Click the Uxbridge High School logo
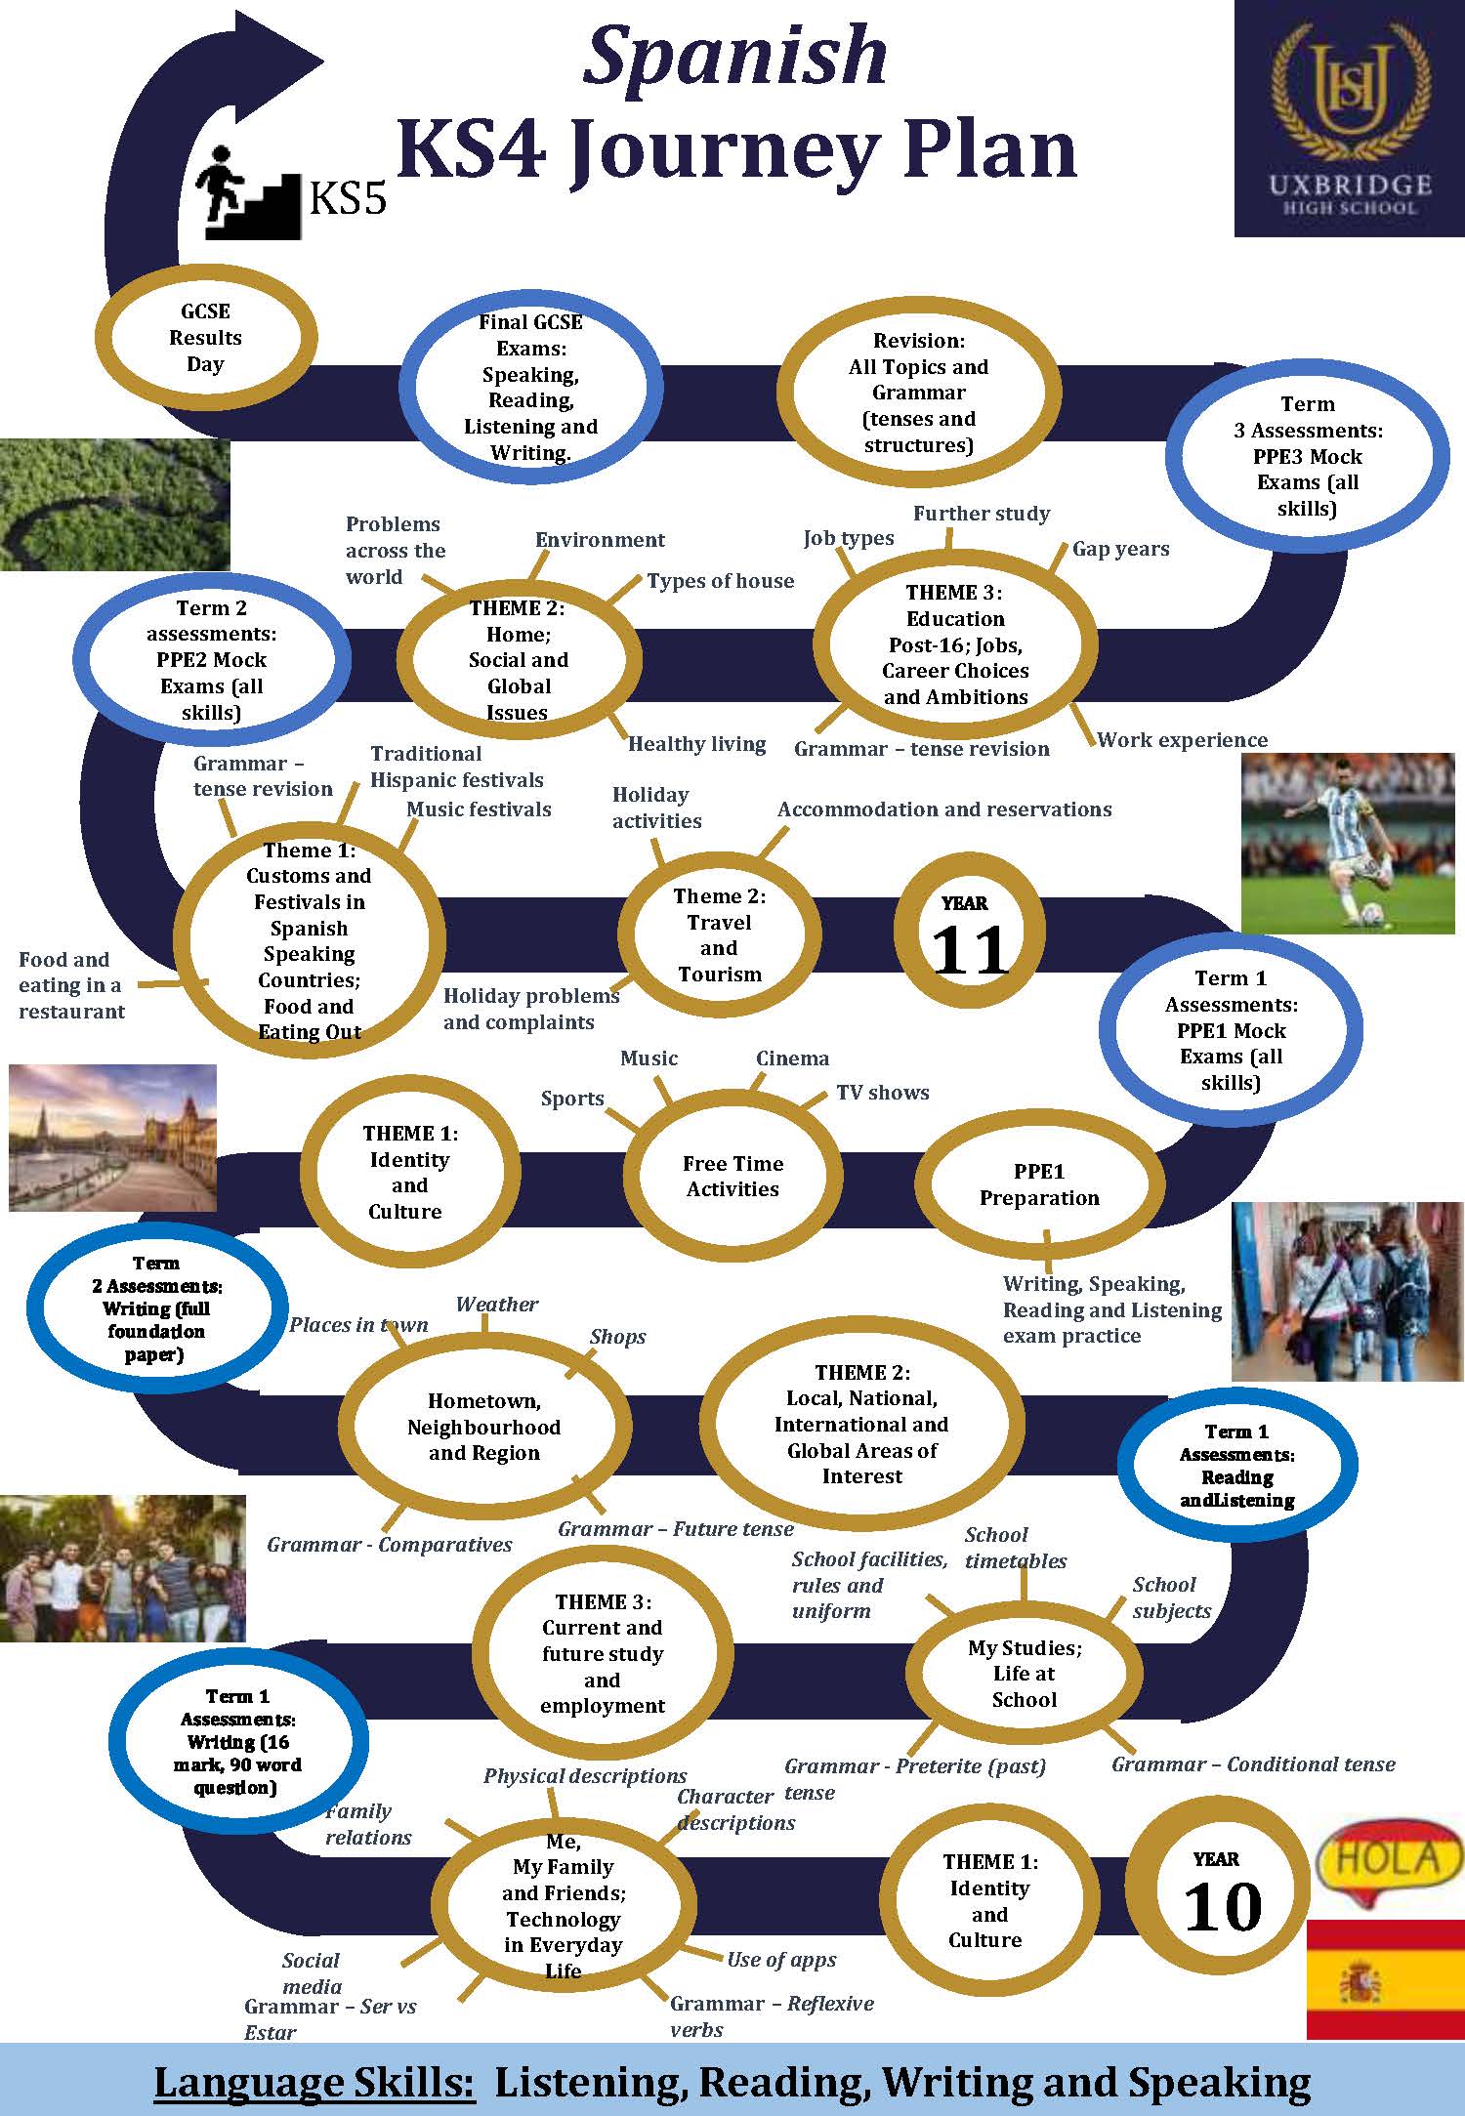click(1349, 118)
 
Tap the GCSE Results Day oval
click(205, 338)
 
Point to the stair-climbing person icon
click(249, 192)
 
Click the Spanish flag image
click(1386, 1978)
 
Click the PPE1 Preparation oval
click(1039, 1184)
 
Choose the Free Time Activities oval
click(732, 1177)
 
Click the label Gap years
click(1120, 549)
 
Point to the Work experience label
click(1182, 740)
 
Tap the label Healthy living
click(696, 744)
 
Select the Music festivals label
click(479, 809)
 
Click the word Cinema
click(792, 1058)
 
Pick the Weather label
click(497, 1305)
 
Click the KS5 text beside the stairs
click(348, 197)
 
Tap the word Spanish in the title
click(734, 55)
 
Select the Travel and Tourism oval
click(720, 934)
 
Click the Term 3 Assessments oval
click(1307, 456)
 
